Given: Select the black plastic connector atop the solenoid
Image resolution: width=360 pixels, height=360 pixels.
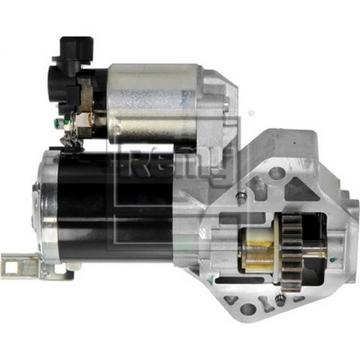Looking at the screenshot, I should point(71,56).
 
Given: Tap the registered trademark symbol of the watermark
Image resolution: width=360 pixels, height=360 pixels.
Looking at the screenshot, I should point(250,114).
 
